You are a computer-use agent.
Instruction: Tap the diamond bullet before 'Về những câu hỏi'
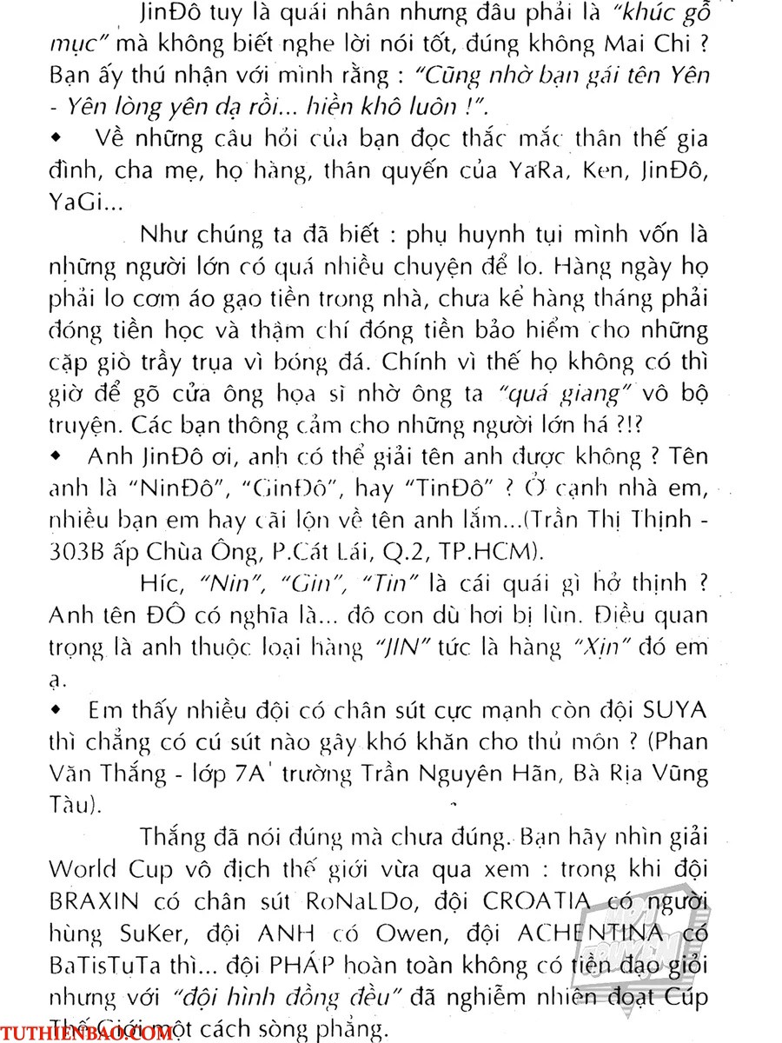click(57, 137)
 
